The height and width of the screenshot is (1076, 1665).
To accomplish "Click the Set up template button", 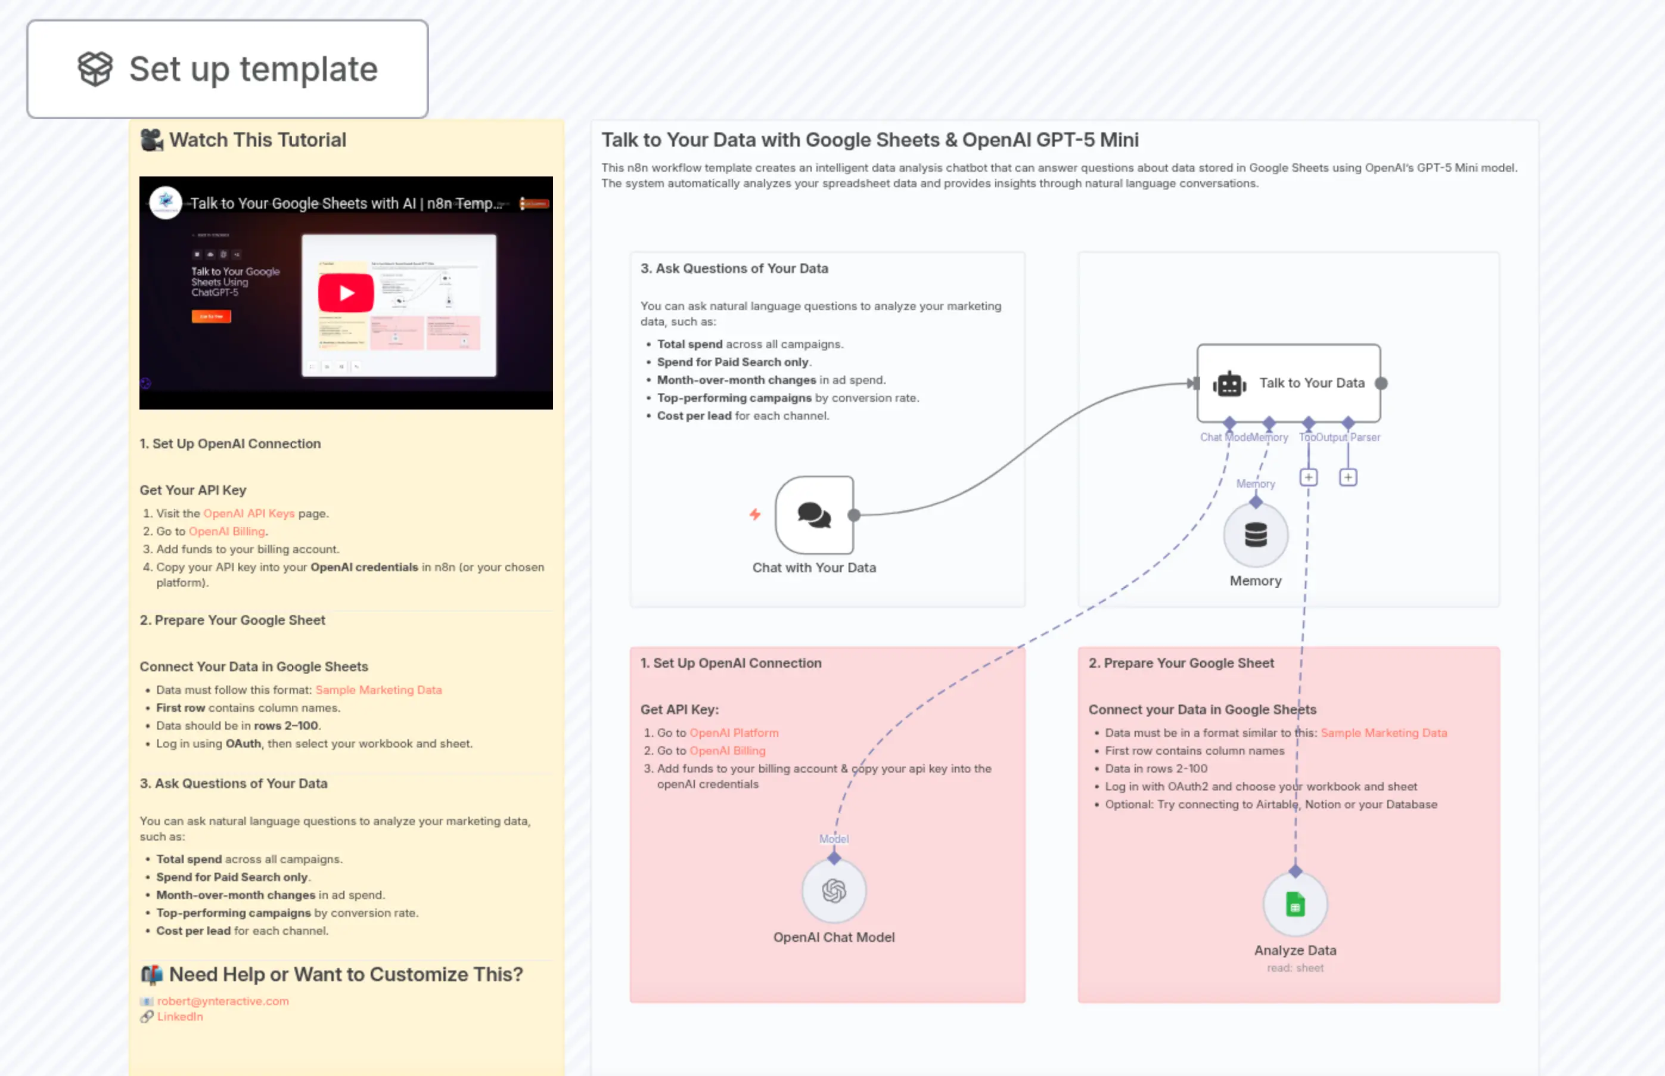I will (227, 69).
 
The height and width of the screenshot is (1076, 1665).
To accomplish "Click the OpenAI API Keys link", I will (248, 513).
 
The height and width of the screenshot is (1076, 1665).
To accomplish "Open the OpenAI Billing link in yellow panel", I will (227, 532).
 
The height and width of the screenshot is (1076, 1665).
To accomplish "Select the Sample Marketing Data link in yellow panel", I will (378, 690).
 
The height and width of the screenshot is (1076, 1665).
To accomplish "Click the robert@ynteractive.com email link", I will (223, 1001).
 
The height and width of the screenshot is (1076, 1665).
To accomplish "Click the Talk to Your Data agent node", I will (1288, 383).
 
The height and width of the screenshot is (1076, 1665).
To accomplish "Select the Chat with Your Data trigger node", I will (815, 516).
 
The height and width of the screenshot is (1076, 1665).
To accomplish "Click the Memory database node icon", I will (1256, 535).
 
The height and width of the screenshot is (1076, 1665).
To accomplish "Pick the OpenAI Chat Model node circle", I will (834, 891).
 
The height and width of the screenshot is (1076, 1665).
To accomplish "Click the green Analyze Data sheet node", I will (1296, 905).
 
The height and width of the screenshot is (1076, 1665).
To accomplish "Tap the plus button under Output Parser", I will (1348, 477).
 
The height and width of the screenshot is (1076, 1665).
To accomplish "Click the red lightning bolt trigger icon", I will (755, 515).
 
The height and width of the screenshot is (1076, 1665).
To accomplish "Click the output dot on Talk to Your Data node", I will (1381, 383).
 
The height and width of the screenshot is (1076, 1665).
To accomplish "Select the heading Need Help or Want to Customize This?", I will (345, 975).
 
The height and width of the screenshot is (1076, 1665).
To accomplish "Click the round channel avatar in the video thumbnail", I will (166, 203).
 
